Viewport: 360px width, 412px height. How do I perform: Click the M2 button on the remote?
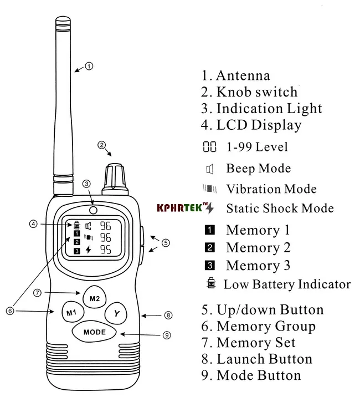point(94,299)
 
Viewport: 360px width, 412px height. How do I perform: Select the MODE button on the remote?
point(94,332)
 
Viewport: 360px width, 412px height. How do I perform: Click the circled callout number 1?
point(90,65)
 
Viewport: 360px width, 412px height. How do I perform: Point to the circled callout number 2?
point(101,146)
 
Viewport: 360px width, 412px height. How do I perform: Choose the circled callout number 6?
point(10,311)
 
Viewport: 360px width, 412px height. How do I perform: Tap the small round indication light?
point(94,210)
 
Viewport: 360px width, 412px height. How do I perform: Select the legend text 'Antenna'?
point(243,76)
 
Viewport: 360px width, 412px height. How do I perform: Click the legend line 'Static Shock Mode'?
point(280,208)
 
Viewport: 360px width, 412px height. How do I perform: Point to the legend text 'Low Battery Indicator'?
point(287,284)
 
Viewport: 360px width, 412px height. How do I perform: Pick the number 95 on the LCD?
point(104,250)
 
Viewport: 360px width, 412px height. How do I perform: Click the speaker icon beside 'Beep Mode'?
point(209,169)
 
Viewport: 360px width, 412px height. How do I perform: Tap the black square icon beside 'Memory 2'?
point(210,248)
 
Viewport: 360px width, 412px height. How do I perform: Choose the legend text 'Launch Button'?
point(264,359)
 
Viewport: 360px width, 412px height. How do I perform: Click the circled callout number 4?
point(34,224)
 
